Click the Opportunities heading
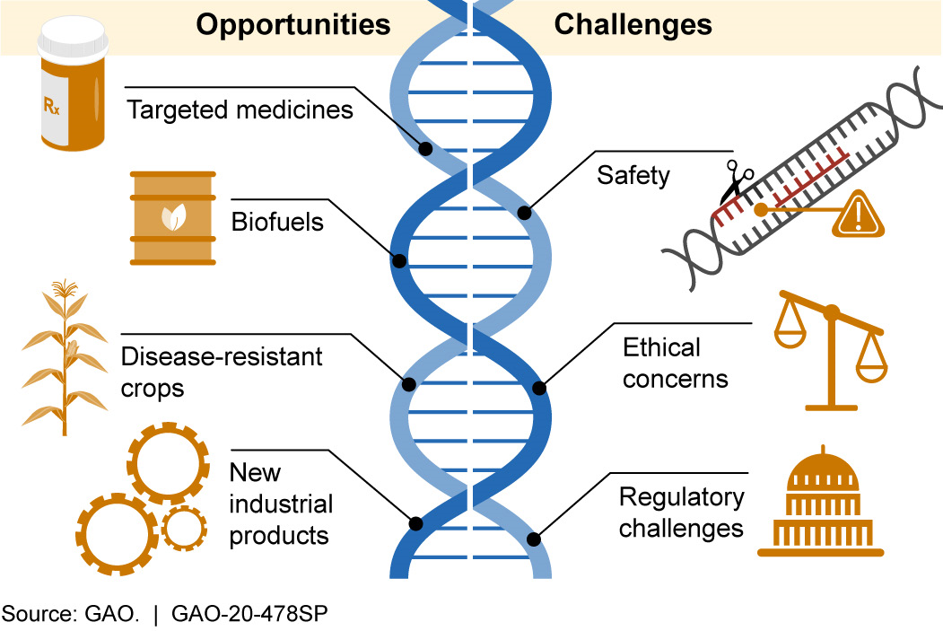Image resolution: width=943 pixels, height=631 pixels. point(293,24)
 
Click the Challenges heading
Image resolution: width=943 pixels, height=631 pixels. point(633,24)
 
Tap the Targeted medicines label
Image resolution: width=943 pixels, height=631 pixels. point(240,110)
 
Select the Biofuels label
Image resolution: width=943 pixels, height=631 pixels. point(277,221)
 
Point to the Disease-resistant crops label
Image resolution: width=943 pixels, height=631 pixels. point(221,372)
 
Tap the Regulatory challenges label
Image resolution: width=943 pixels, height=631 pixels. point(681,512)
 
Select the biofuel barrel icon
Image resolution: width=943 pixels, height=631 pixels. point(172,218)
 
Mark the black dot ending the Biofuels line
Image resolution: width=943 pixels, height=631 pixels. point(400,262)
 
